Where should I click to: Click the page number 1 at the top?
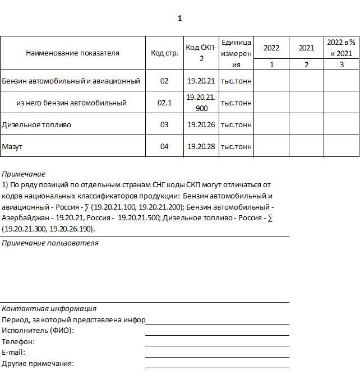[x=179, y=18]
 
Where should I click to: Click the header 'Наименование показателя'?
[x=72, y=53]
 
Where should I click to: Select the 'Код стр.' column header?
[x=164, y=53]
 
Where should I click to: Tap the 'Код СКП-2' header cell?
[x=201, y=53]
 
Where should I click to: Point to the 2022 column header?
[x=271, y=48]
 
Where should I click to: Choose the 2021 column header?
[x=306, y=48]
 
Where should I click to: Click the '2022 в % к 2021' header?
[x=341, y=48]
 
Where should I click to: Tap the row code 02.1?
[x=164, y=103]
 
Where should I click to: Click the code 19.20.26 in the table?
[x=201, y=124]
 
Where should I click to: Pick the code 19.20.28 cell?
[x=201, y=146]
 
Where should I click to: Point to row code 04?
[x=164, y=146]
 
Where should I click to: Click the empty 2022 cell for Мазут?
[x=271, y=146]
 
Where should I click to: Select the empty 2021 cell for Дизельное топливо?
[x=306, y=124]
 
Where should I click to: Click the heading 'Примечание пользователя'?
[x=50, y=243]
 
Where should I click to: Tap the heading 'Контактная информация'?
[x=49, y=308]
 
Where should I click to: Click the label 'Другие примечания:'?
[x=38, y=364]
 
